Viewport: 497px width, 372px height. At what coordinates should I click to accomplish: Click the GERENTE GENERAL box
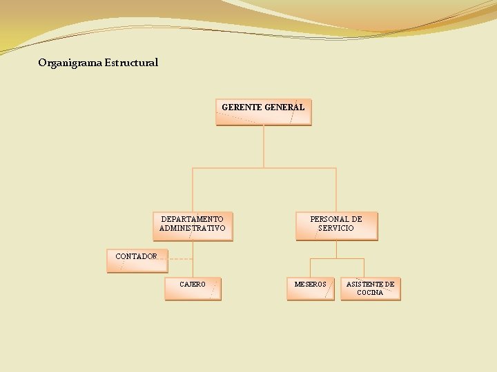(263, 113)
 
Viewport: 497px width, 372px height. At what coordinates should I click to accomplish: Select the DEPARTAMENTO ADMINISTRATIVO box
(193, 226)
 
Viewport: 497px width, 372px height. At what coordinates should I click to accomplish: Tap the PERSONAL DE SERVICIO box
(336, 226)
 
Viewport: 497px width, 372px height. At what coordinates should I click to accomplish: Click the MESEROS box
(310, 289)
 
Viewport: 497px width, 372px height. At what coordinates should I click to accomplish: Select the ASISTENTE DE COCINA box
(371, 289)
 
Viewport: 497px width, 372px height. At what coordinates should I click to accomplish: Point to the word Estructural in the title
(131, 63)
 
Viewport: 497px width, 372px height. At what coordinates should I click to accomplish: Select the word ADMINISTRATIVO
(193, 228)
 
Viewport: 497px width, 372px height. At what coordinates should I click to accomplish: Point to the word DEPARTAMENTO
(193, 219)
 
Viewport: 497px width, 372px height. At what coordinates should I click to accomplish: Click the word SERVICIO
(336, 228)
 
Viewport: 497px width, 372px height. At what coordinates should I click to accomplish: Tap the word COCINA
(370, 293)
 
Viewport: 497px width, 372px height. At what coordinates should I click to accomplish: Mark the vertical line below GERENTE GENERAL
(264, 146)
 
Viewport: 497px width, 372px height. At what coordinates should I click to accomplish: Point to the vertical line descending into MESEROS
(310, 268)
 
